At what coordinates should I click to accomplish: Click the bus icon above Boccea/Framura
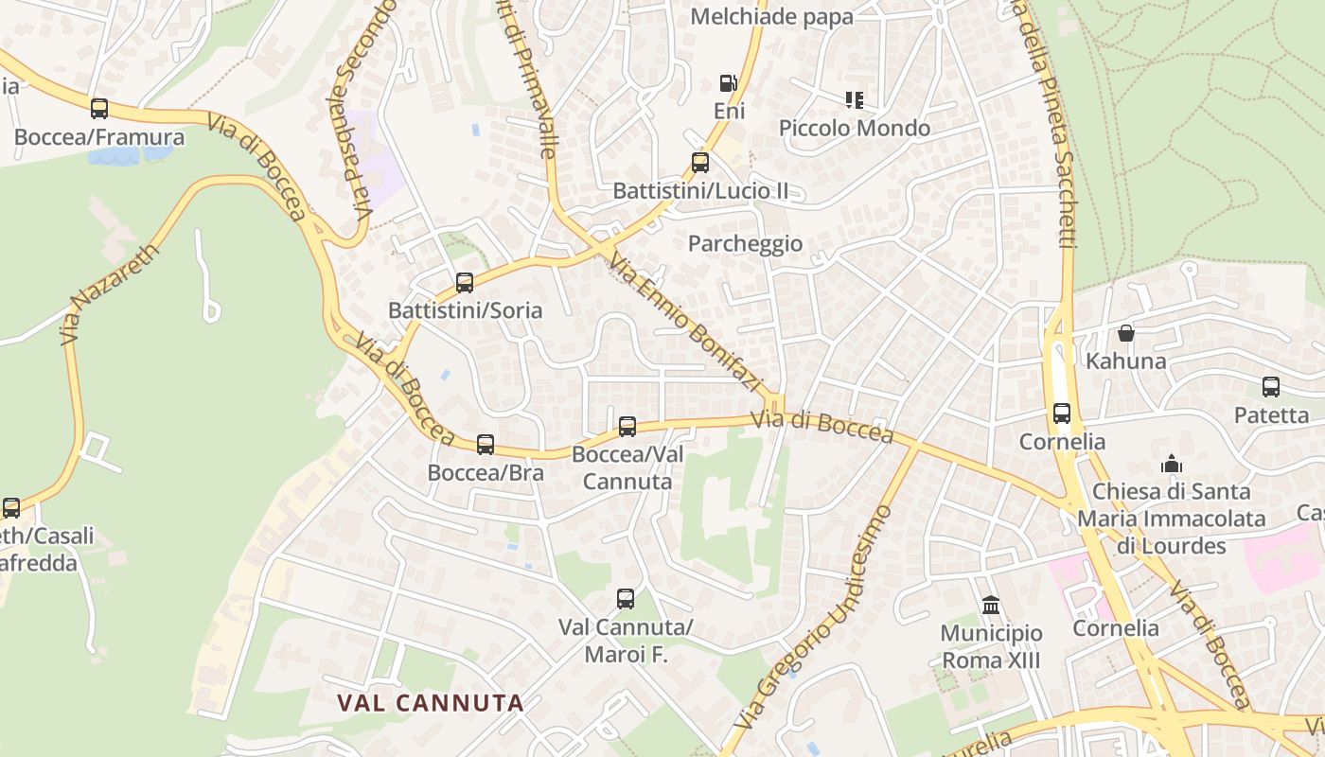tap(99, 109)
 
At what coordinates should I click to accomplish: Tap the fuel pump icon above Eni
tap(728, 83)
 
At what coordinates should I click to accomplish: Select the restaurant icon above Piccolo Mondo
tap(855, 99)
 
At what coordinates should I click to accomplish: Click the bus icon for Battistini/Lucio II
tap(700, 163)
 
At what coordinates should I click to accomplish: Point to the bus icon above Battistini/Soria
tap(465, 283)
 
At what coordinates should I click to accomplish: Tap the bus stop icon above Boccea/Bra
tap(486, 444)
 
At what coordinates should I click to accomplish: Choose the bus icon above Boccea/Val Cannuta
tap(627, 427)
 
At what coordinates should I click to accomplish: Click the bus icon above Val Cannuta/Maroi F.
tap(626, 599)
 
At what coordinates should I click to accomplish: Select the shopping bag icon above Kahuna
tap(1126, 333)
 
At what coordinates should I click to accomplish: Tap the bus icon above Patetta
tap(1271, 387)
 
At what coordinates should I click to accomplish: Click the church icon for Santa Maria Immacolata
tap(1172, 464)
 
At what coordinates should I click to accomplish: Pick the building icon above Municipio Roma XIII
tap(991, 605)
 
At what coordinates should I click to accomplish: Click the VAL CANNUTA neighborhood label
tap(431, 702)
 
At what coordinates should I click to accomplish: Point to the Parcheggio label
tap(745, 244)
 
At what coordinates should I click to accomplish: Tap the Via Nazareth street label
tap(109, 294)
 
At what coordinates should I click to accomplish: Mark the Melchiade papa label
tap(771, 16)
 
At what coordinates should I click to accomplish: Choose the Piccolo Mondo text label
tap(855, 128)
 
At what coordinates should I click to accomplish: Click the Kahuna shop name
tap(1126, 361)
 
